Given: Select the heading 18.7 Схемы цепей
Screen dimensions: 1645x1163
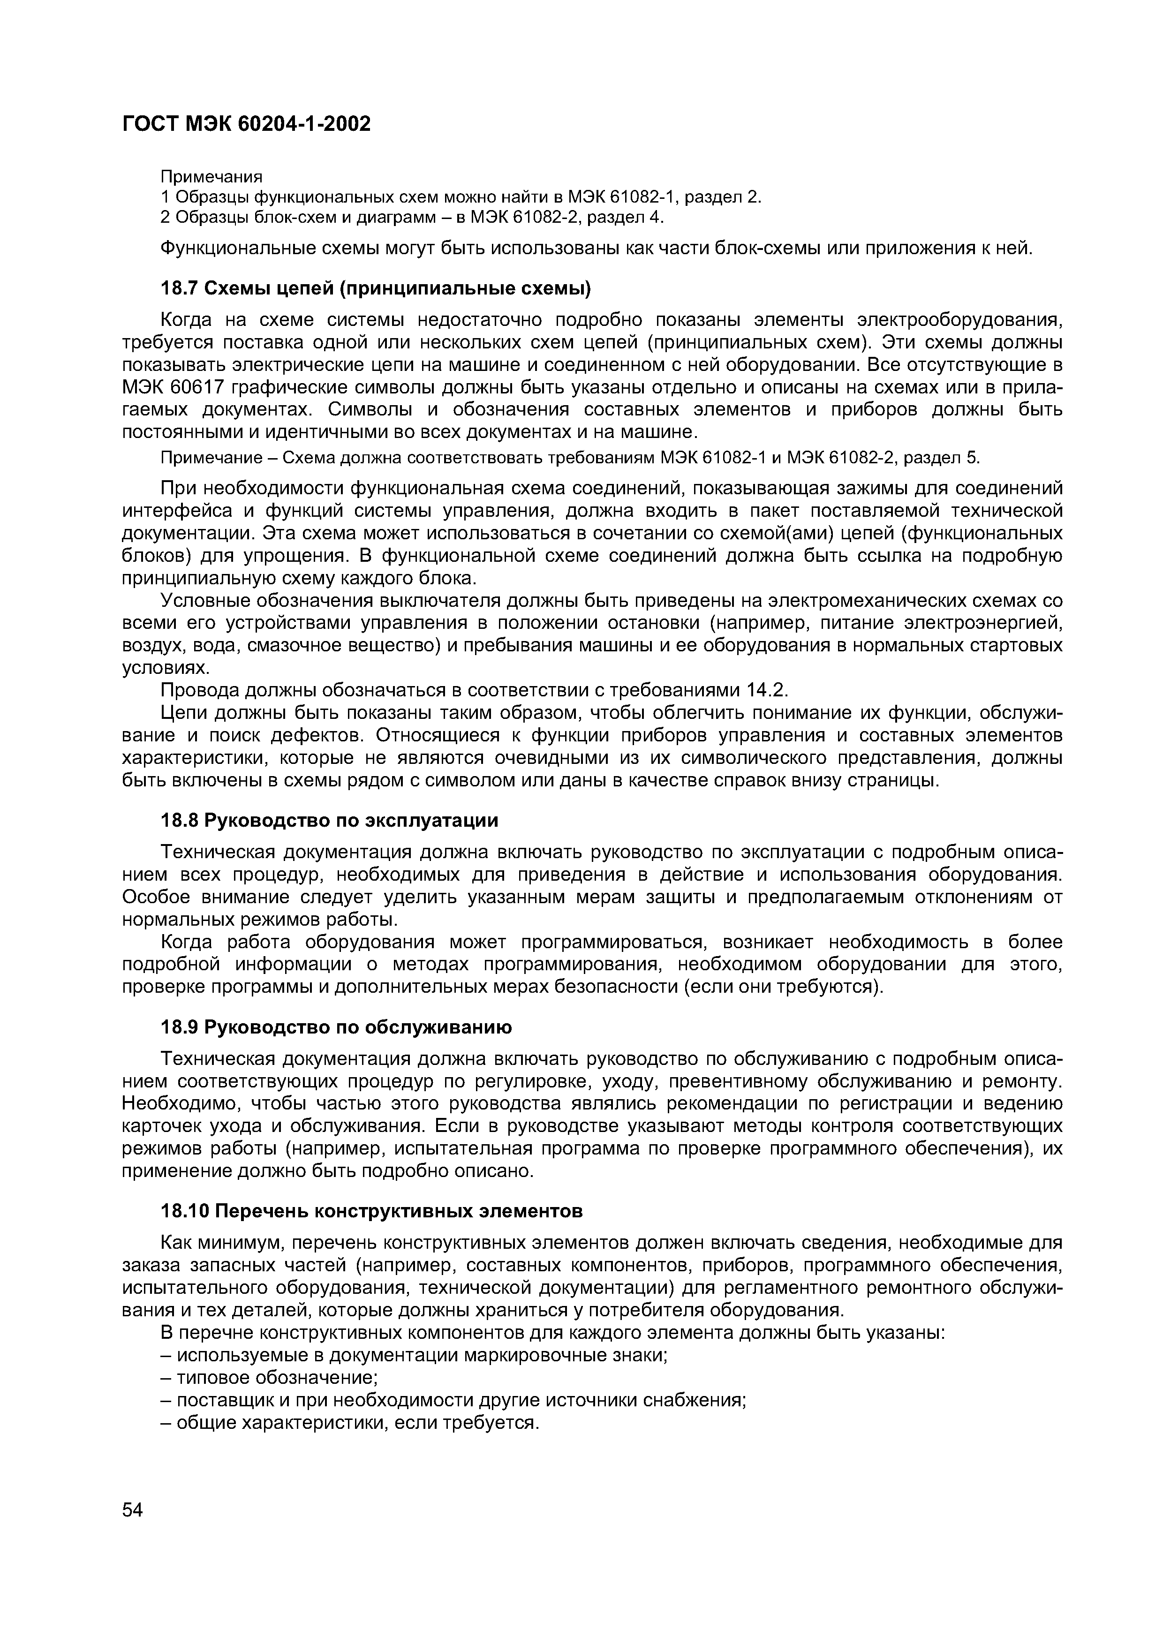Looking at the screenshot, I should [376, 289].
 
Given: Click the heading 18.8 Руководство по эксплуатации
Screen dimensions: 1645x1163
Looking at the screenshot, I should [329, 820].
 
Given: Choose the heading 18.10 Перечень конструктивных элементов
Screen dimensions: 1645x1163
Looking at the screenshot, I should [370, 1211].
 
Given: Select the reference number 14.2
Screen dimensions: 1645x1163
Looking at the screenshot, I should [765, 690].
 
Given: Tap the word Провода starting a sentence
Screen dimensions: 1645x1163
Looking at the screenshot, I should [199, 690].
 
